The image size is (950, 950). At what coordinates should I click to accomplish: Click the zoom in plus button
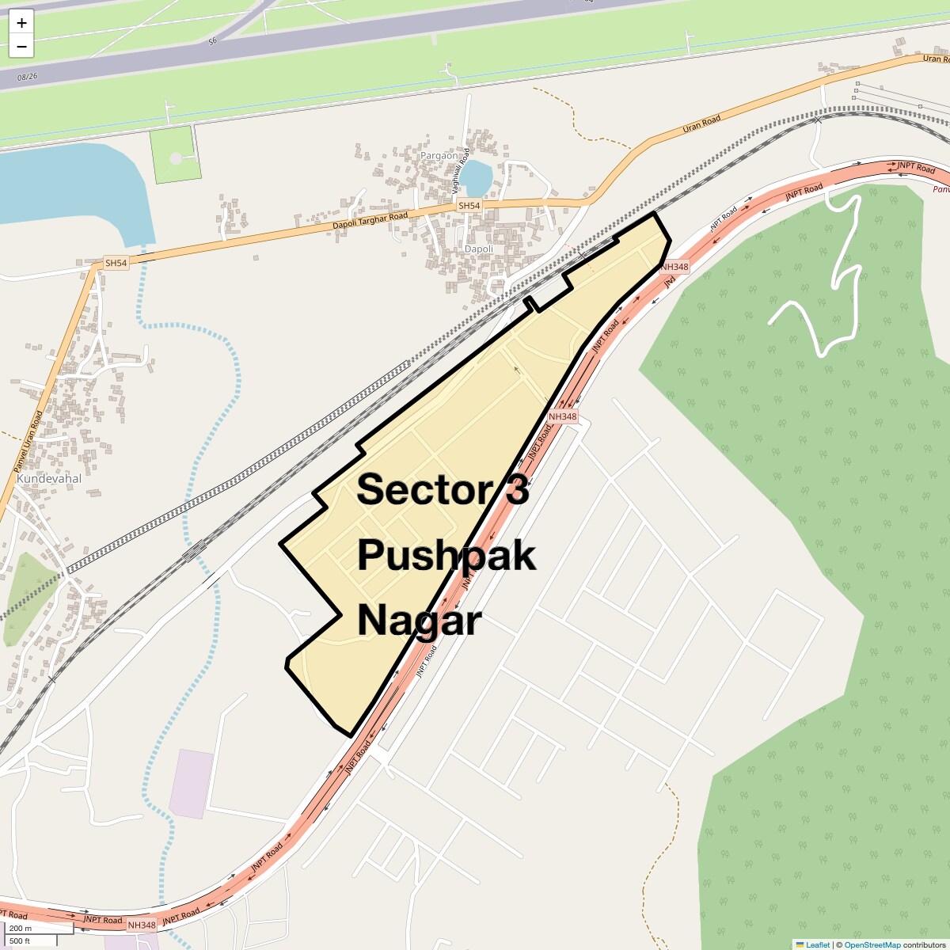click(x=21, y=23)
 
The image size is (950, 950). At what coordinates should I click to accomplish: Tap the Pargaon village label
click(x=439, y=156)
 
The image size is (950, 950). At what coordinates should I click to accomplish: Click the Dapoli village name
click(x=478, y=249)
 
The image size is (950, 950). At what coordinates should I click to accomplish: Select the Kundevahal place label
click(x=49, y=479)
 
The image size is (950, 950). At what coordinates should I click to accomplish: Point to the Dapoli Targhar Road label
click(x=370, y=221)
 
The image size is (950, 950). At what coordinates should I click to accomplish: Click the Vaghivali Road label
click(x=461, y=171)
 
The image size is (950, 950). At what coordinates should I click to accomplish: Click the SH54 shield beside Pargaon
click(x=469, y=206)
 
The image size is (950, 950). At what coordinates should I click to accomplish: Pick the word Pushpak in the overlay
click(x=446, y=556)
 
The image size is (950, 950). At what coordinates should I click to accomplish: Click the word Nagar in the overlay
click(x=419, y=621)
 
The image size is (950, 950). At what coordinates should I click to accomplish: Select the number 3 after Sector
click(x=517, y=490)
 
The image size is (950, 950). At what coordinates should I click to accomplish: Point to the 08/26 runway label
click(x=27, y=77)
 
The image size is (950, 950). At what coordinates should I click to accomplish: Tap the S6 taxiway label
click(x=212, y=41)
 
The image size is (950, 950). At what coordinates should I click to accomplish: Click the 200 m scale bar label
click(x=21, y=928)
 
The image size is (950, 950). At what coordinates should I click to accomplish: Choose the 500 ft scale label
click(x=20, y=940)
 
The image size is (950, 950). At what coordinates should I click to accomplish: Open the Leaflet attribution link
click(x=817, y=944)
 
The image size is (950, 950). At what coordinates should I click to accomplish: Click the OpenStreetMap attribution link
click(x=872, y=944)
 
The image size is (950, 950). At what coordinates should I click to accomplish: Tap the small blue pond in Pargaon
click(x=476, y=178)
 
